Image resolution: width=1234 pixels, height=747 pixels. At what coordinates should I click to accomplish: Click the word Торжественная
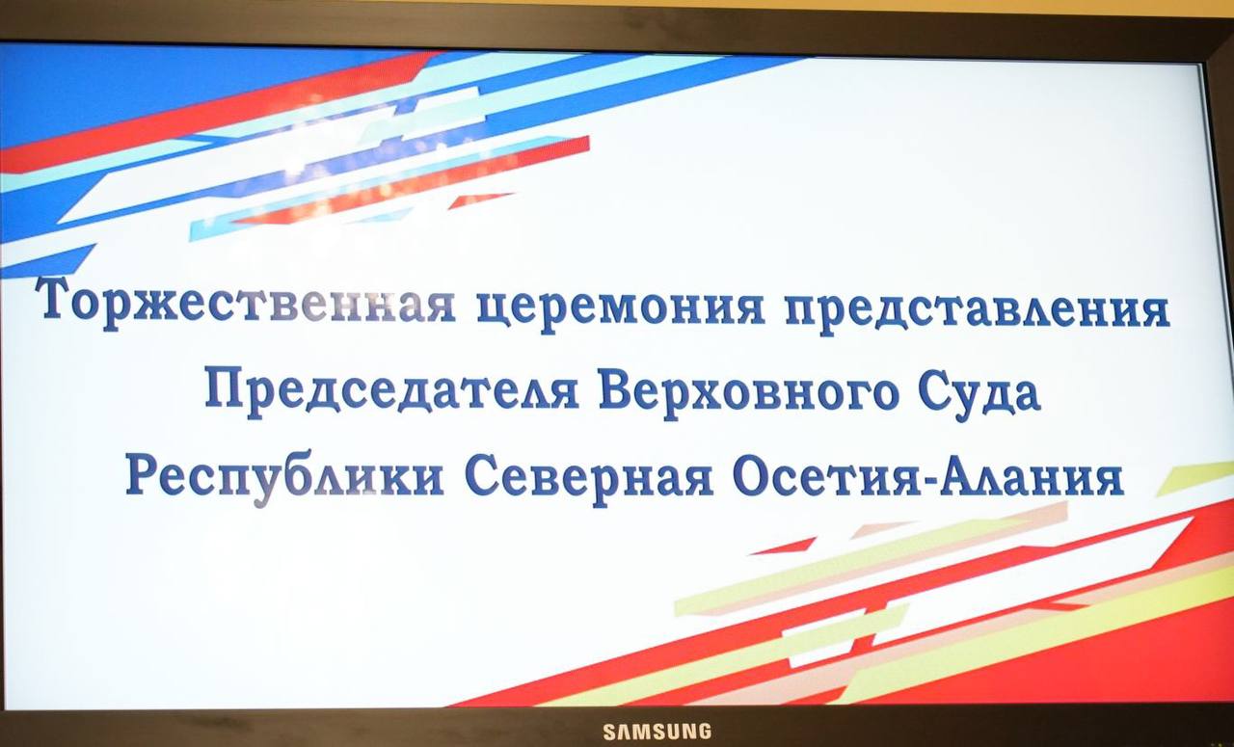click(x=245, y=303)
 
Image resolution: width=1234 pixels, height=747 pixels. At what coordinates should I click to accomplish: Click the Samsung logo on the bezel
click(x=657, y=732)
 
